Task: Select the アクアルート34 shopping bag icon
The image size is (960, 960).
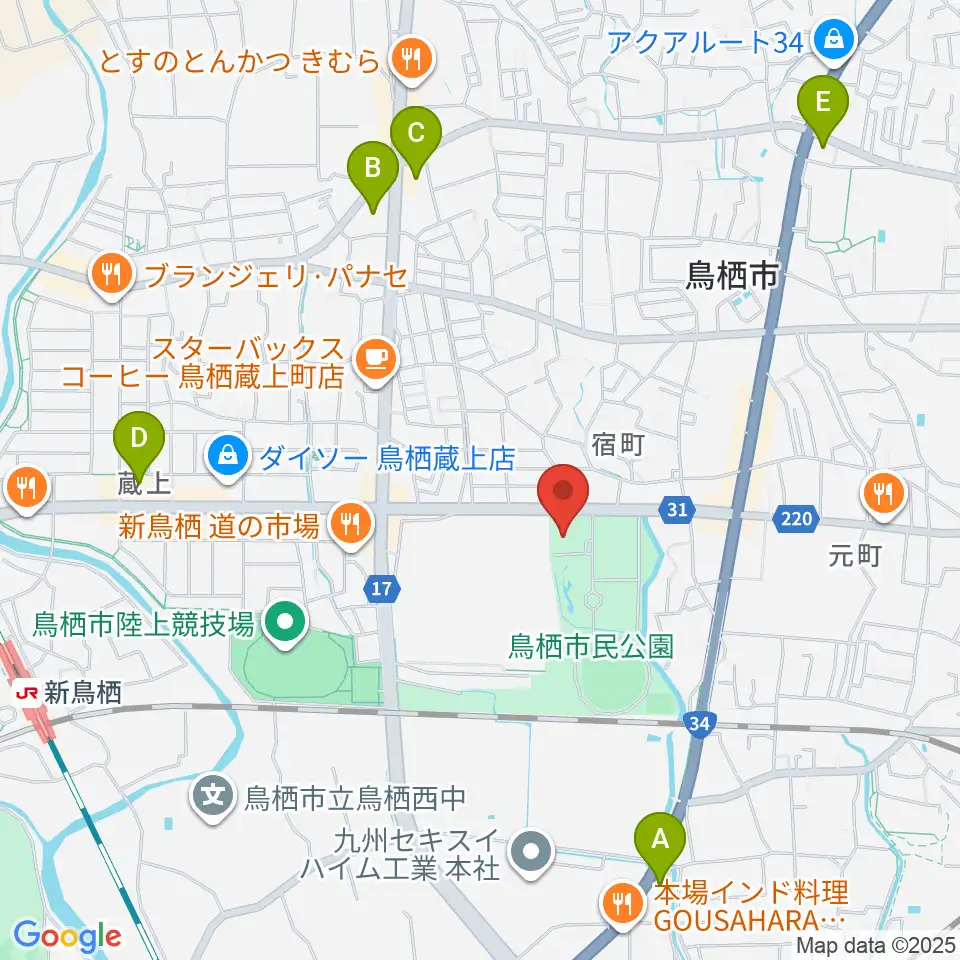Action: tap(831, 41)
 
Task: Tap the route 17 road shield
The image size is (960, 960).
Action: tap(380, 590)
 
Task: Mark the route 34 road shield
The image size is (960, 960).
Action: tap(700, 722)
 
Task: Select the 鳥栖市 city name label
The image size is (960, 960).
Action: tap(731, 276)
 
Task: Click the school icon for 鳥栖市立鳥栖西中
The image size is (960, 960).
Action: tap(214, 798)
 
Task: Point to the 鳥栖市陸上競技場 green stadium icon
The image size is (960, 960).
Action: tap(285, 625)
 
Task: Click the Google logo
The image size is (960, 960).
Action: tap(67, 936)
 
